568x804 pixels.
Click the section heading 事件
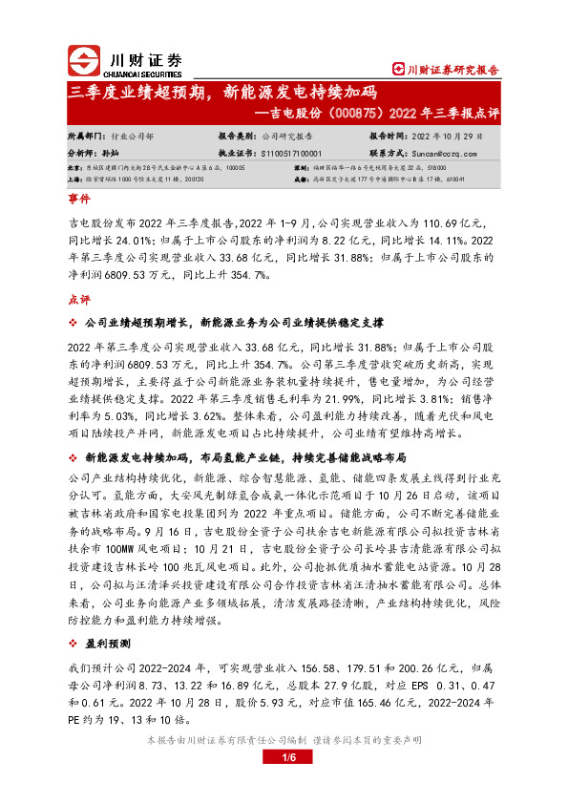(x=78, y=201)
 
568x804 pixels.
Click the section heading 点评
(x=78, y=299)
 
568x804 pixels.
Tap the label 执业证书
(x=237, y=152)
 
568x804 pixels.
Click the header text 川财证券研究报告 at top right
(x=452, y=69)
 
